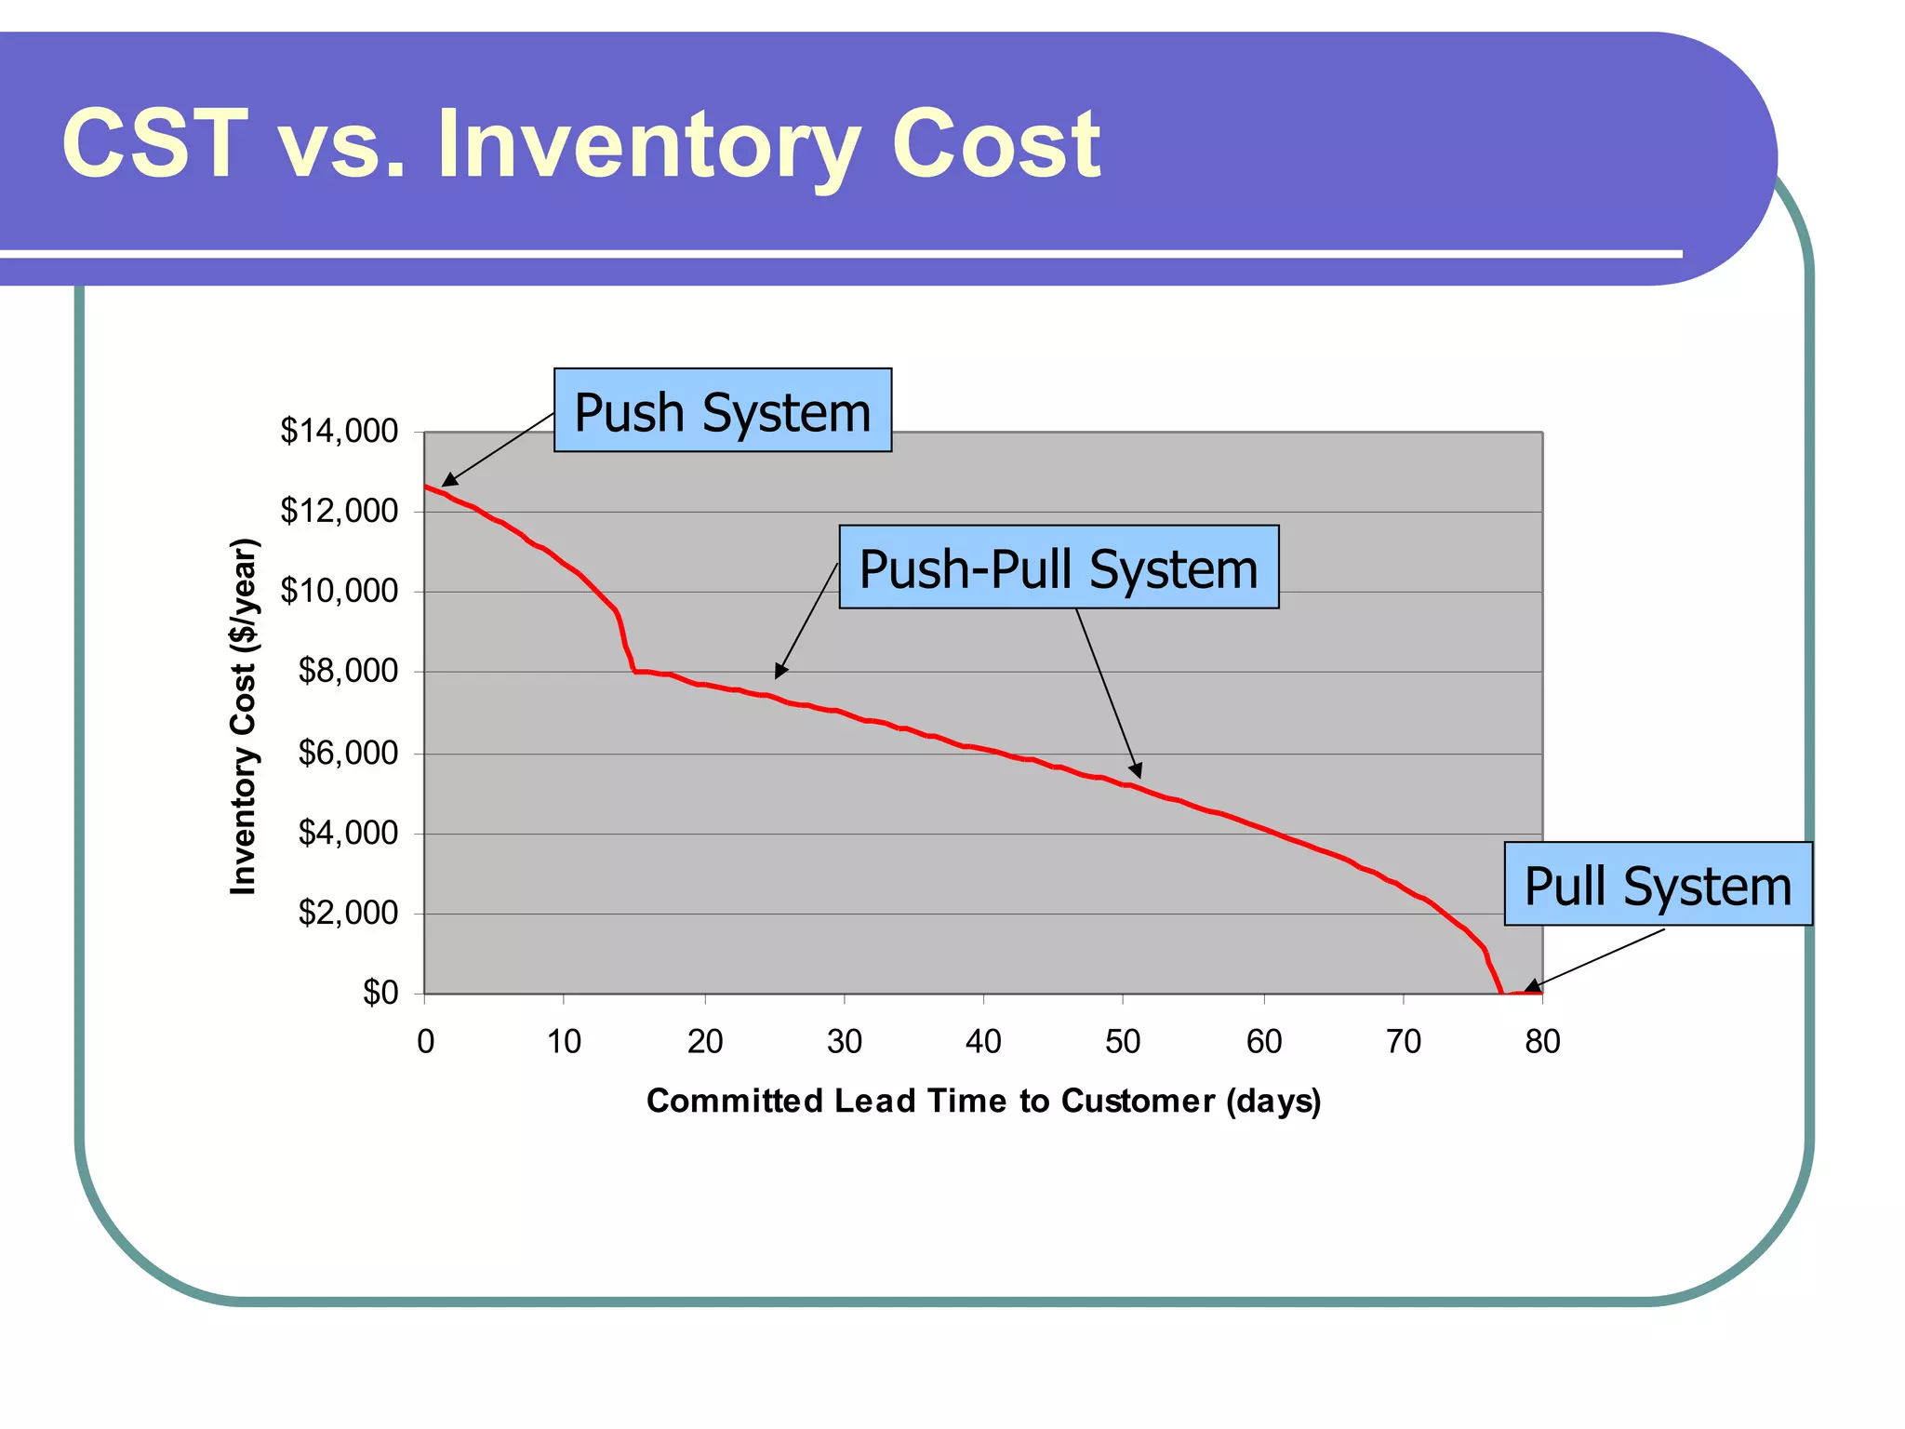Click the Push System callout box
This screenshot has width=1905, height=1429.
(x=723, y=410)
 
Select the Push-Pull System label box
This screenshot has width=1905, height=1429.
(x=1059, y=568)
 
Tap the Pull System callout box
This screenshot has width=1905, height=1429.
(x=1658, y=884)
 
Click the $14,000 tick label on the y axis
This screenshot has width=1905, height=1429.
(x=340, y=431)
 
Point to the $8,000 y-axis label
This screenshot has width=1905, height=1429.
(x=348, y=671)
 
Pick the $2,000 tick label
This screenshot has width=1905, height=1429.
(x=348, y=913)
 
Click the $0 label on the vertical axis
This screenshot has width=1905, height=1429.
(x=380, y=993)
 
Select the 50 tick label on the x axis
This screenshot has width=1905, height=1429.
(x=1123, y=1041)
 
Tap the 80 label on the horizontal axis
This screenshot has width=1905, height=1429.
(x=1542, y=1041)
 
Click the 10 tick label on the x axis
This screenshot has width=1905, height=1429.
(x=564, y=1041)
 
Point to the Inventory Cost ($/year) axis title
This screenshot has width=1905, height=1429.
(x=244, y=716)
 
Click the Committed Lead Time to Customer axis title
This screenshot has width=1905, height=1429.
(x=983, y=1101)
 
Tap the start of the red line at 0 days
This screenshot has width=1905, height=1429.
(x=426, y=487)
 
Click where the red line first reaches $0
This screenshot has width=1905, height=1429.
(x=1501, y=993)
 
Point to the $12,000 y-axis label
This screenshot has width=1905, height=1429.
(x=340, y=511)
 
